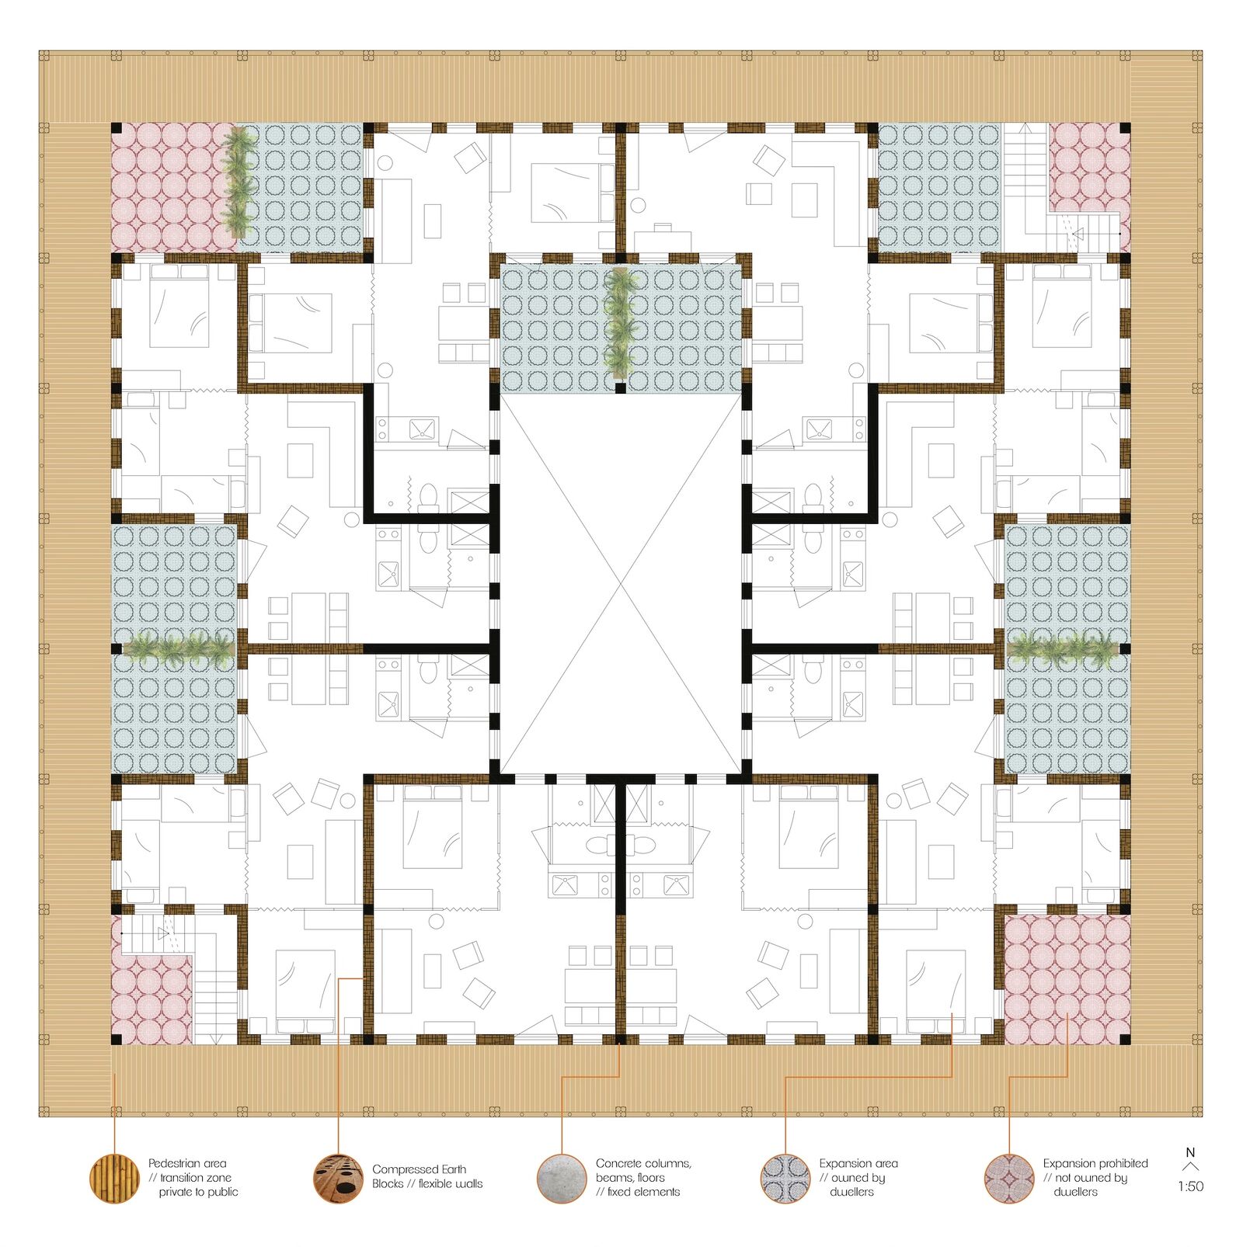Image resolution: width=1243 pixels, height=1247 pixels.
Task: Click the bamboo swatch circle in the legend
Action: [114, 1178]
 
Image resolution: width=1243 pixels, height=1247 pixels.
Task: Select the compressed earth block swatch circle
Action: [338, 1178]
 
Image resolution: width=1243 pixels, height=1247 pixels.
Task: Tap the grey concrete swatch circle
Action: [562, 1178]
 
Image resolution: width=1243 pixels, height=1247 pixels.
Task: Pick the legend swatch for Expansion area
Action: [785, 1178]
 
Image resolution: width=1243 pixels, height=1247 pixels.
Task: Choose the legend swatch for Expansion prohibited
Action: [1009, 1178]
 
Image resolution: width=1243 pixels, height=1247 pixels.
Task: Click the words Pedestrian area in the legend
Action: [187, 1163]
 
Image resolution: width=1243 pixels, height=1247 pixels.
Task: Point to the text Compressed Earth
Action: [420, 1169]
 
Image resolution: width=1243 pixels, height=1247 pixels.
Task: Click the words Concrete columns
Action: [643, 1163]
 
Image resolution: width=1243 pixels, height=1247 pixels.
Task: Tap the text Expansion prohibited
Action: [1095, 1163]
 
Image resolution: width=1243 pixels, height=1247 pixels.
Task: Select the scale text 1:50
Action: [1190, 1186]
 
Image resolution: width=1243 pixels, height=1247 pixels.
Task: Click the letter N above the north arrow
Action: [1190, 1152]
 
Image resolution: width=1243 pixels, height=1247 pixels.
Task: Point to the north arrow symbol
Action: [1190, 1166]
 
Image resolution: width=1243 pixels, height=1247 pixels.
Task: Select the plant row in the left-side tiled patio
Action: [179, 648]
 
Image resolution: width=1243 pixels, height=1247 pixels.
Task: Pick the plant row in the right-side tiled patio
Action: [1064, 648]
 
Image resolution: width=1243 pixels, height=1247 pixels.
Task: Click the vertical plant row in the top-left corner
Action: [239, 182]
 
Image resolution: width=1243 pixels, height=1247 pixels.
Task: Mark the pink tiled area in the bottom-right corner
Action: [1066, 980]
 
